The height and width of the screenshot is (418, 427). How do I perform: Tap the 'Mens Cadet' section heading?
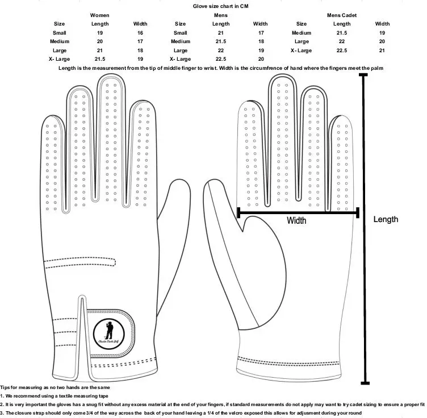tap(342, 15)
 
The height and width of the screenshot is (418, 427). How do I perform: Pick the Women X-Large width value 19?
tap(140, 59)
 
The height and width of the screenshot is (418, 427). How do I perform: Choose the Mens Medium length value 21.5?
tap(221, 41)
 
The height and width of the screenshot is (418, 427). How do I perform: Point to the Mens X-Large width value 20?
tap(261, 59)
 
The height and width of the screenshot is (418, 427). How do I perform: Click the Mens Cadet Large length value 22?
tap(342, 41)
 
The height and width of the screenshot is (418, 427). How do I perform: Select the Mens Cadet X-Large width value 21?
tap(382, 51)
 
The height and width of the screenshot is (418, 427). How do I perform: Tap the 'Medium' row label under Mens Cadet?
tap(302, 32)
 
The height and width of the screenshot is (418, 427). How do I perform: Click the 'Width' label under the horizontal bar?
tap(296, 220)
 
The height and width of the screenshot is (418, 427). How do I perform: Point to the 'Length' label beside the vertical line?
tap(386, 219)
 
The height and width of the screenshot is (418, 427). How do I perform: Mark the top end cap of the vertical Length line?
tap(363, 76)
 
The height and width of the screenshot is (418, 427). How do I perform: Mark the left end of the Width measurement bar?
tap(238, 212)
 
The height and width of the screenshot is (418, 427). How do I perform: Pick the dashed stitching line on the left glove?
tap(79, 263)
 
